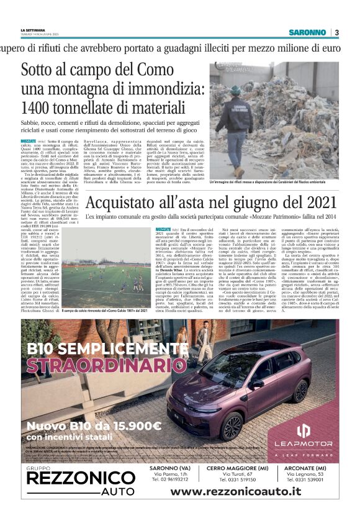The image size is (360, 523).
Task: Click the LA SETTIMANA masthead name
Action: (x=34, y=29)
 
